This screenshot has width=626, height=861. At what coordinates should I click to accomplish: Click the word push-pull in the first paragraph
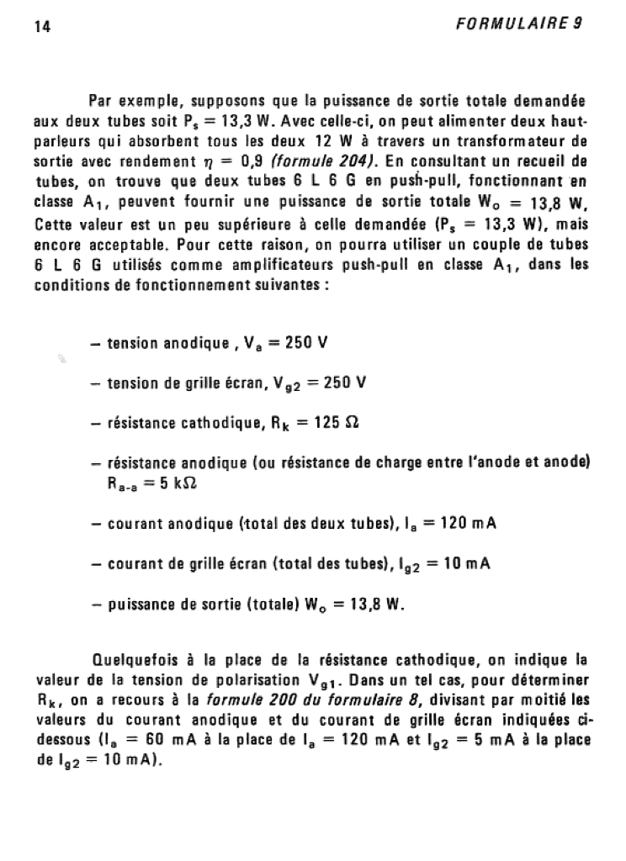[x=433, y=182]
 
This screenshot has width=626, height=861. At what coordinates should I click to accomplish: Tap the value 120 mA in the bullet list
[x=467, y=524]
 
